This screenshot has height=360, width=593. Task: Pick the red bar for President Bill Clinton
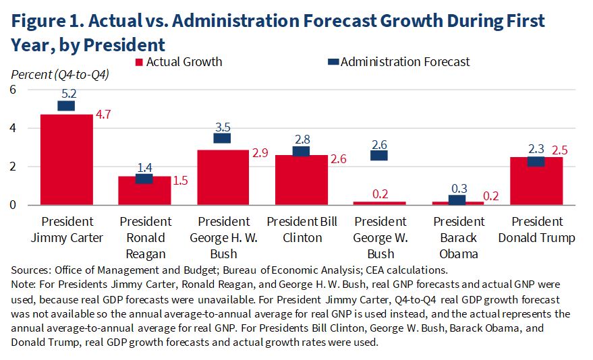point(302,180)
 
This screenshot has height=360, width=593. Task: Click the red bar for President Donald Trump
point(536,181)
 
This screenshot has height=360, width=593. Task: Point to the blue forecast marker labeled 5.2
point(66,106)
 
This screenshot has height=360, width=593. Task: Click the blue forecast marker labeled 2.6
point(379,155)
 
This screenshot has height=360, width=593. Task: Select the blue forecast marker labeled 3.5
point(223,138)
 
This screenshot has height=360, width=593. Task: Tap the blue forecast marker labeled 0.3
point(457,200)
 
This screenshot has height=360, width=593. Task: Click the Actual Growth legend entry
point(179,62)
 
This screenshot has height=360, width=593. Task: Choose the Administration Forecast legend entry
point(398,62)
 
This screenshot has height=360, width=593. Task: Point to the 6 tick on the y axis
point(15,90)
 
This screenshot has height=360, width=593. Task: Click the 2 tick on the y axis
point(15,167)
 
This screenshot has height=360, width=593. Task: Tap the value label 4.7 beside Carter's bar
point(103,115)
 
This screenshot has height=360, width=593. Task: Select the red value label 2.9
point(259,153)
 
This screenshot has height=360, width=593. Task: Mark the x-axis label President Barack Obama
point(458,237)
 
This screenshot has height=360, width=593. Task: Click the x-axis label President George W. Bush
point(380,237)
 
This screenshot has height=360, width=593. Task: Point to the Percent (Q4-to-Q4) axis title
point(59,75)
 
